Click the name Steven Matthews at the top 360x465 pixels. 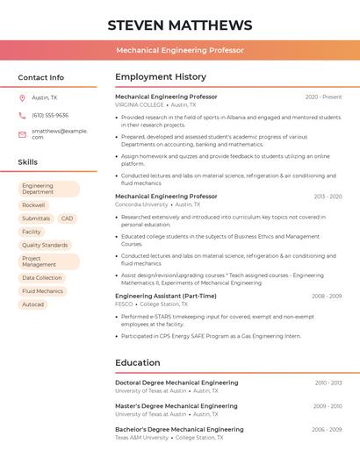(x=179, y=25)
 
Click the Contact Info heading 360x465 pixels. (x=40, y=77)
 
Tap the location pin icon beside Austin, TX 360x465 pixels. (x=22, y=98)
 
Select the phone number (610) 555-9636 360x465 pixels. (x=50, y=115)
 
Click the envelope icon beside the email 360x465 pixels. (x=22, y=134)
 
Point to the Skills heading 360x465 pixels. (x=28, y=162)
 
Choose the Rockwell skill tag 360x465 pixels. (x=33, y=204)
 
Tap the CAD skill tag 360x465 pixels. (x=67, y=218)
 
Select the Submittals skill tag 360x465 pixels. (x=36, y=218)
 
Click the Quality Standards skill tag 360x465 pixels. (x=45, y=245)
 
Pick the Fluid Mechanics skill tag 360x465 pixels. (x=43, y=291)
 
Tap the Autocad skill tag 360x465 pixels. (x=32, y=304)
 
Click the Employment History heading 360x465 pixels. (x=161, y=77)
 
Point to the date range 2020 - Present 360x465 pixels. (x=323, y=97)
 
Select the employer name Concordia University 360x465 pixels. (x=141, y=204)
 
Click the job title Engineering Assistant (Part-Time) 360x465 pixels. (x=166, y=297)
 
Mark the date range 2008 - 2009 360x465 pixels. (x=327, y=297)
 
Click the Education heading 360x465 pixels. (x=138, y=362)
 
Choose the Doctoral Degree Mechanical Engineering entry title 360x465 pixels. (x=176, y=383)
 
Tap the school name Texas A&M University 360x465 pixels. (x=141, y=437)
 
